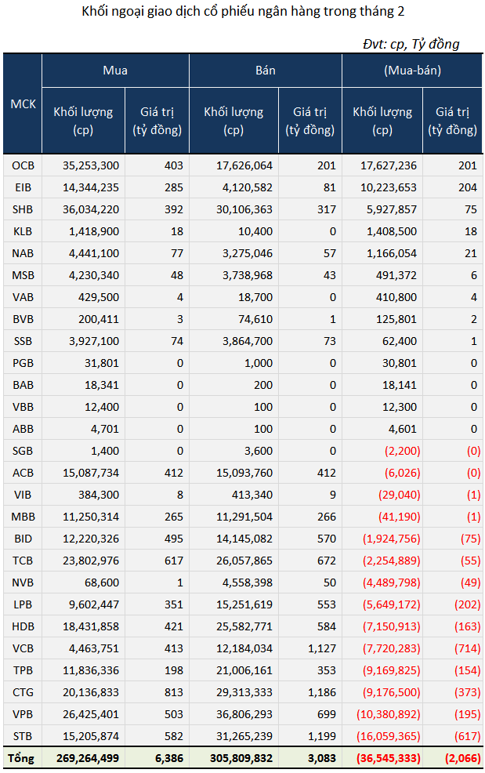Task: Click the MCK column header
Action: (x=24, y=104)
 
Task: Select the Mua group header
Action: (x=115, y=71)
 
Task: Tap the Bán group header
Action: (x=265, y=71)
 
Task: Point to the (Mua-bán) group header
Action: (x=412, y=71)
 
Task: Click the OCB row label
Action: (x=24, y=165)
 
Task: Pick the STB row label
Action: (x=24, y=736)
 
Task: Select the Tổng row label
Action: (x=20, y=758)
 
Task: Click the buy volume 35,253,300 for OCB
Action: (x=91, y=165)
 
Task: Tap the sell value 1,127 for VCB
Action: (x=322, y=648)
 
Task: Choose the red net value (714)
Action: (x=467, y=648)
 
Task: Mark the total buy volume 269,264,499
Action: (x=88, y=758)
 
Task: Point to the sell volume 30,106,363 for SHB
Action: (x=244, y=209)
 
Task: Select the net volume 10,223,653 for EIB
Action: (x=389, y=188)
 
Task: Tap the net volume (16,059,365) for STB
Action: (x=389, y=736)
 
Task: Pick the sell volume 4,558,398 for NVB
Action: (x=248, y=582)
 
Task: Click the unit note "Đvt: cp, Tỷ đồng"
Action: (x=411, y=44)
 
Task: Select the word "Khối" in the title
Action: (x=94, y=11)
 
